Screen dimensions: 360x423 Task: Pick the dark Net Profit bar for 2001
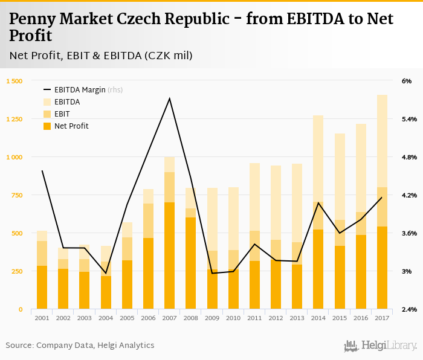click(42, 287)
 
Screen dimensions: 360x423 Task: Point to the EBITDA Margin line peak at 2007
click(169, 98)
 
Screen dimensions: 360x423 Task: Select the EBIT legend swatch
click(47, 114)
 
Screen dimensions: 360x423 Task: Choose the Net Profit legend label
click(71, 126)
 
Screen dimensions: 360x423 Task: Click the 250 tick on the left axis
click(16, 271)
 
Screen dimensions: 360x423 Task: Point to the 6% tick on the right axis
click(406, 81)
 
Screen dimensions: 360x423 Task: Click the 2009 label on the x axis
click(211, 318)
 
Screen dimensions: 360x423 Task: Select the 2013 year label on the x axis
click(297, 318)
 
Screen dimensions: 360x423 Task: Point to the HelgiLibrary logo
click(381, 346)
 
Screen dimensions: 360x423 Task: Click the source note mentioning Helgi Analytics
click(80, 346)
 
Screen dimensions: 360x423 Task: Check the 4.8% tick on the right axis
click(408, 157)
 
